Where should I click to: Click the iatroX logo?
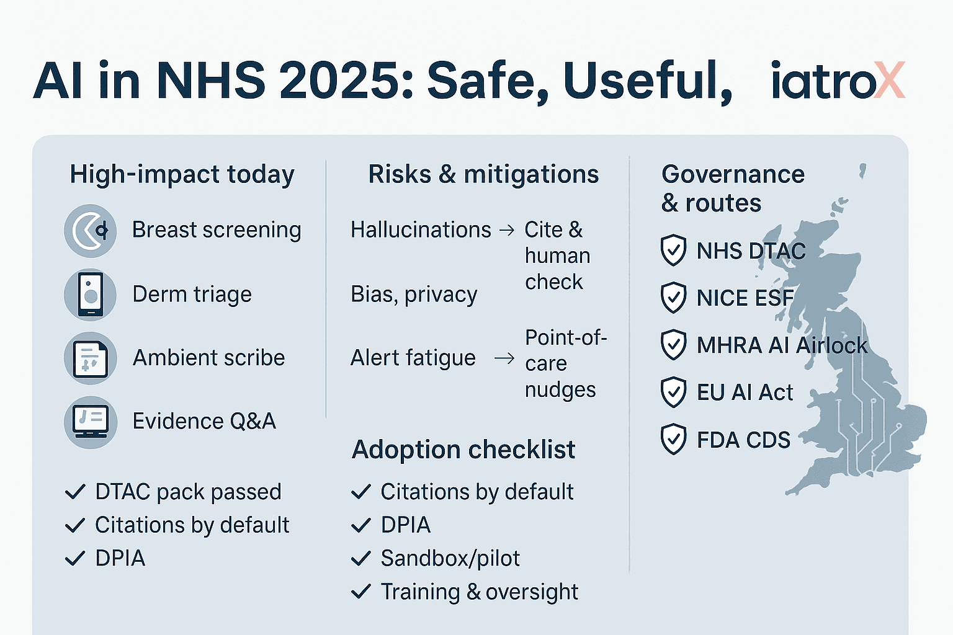(x=837, y=81)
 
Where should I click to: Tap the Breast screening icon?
(x=90, y=231)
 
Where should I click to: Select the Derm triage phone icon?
(x=90, y=295)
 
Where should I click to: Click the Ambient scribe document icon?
(x=90, y=358)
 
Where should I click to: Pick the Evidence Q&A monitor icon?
(x=90, y=422)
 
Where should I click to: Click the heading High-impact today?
(x=182, y=174)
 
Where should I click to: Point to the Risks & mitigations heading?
(x=483, y=174)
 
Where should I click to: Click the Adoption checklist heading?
(x=463, y=450)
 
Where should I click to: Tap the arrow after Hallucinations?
(x=507, y=231)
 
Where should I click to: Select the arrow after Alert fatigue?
(x=504, y=358)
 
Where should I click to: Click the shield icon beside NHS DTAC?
(x=673, y=251)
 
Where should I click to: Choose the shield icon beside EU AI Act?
(x=673, y=392)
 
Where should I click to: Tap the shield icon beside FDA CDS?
(x=673, y=440)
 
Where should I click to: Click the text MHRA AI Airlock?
(x=782, y=345)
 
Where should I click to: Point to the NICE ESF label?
(x=745, y=298)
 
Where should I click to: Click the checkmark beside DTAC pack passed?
(x=75, y=492)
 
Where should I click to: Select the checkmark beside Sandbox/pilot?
(x=361, y=559)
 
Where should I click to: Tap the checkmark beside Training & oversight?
(x=361, y=592)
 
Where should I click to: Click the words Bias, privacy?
(x=414, y=295)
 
